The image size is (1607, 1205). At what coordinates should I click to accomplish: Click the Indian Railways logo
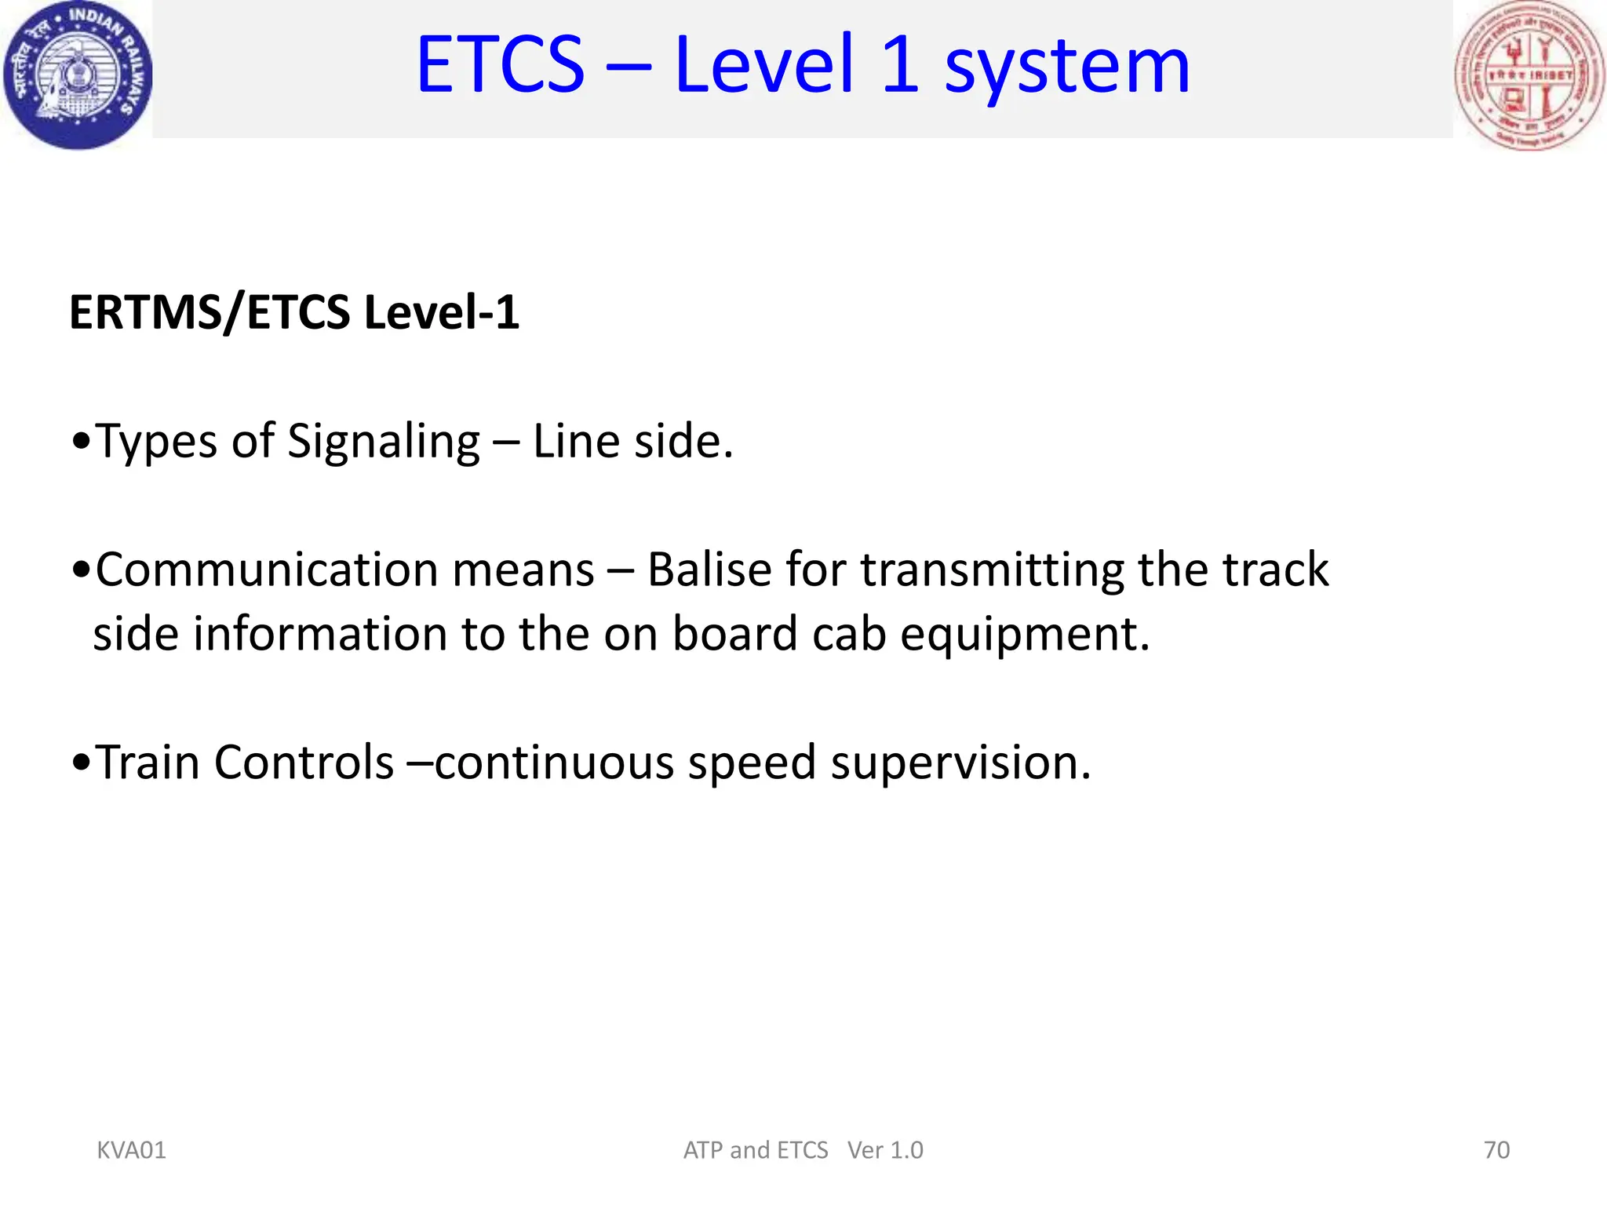pyautogui.click(x=77, y=75)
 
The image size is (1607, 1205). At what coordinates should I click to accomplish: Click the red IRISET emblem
pyautogui.click(x=1529, y=75)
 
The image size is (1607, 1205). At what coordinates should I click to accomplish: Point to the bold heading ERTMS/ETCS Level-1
pyautogui.click(x=294, y=312)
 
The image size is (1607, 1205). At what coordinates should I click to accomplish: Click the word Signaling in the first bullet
pyautogui.click(x=383, y=442)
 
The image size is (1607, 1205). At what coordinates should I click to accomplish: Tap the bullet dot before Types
pyautogui.click(x=80, y=442)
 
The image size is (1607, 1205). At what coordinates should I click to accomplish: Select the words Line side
pyautogui.click(x=632, y=441)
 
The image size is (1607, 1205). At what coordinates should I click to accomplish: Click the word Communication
pyautogui.click(x=344, y=570)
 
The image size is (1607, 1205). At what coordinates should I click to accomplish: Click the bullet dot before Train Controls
pyautogui.click(x=80, y=763)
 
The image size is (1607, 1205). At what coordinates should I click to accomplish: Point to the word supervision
pyautogui.click(x=960, y=763)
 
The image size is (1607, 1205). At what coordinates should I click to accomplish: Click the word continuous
pyautogui.click(x=554, y=763)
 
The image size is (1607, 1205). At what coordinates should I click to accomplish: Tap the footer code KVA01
pyautogui.click(x=131, y=1150)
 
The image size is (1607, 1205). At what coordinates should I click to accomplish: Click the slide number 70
pyautogui.click(x=1496, y=1150)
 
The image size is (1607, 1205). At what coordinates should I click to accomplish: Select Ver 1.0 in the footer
pyautogui.click(x=885, y=1150)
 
